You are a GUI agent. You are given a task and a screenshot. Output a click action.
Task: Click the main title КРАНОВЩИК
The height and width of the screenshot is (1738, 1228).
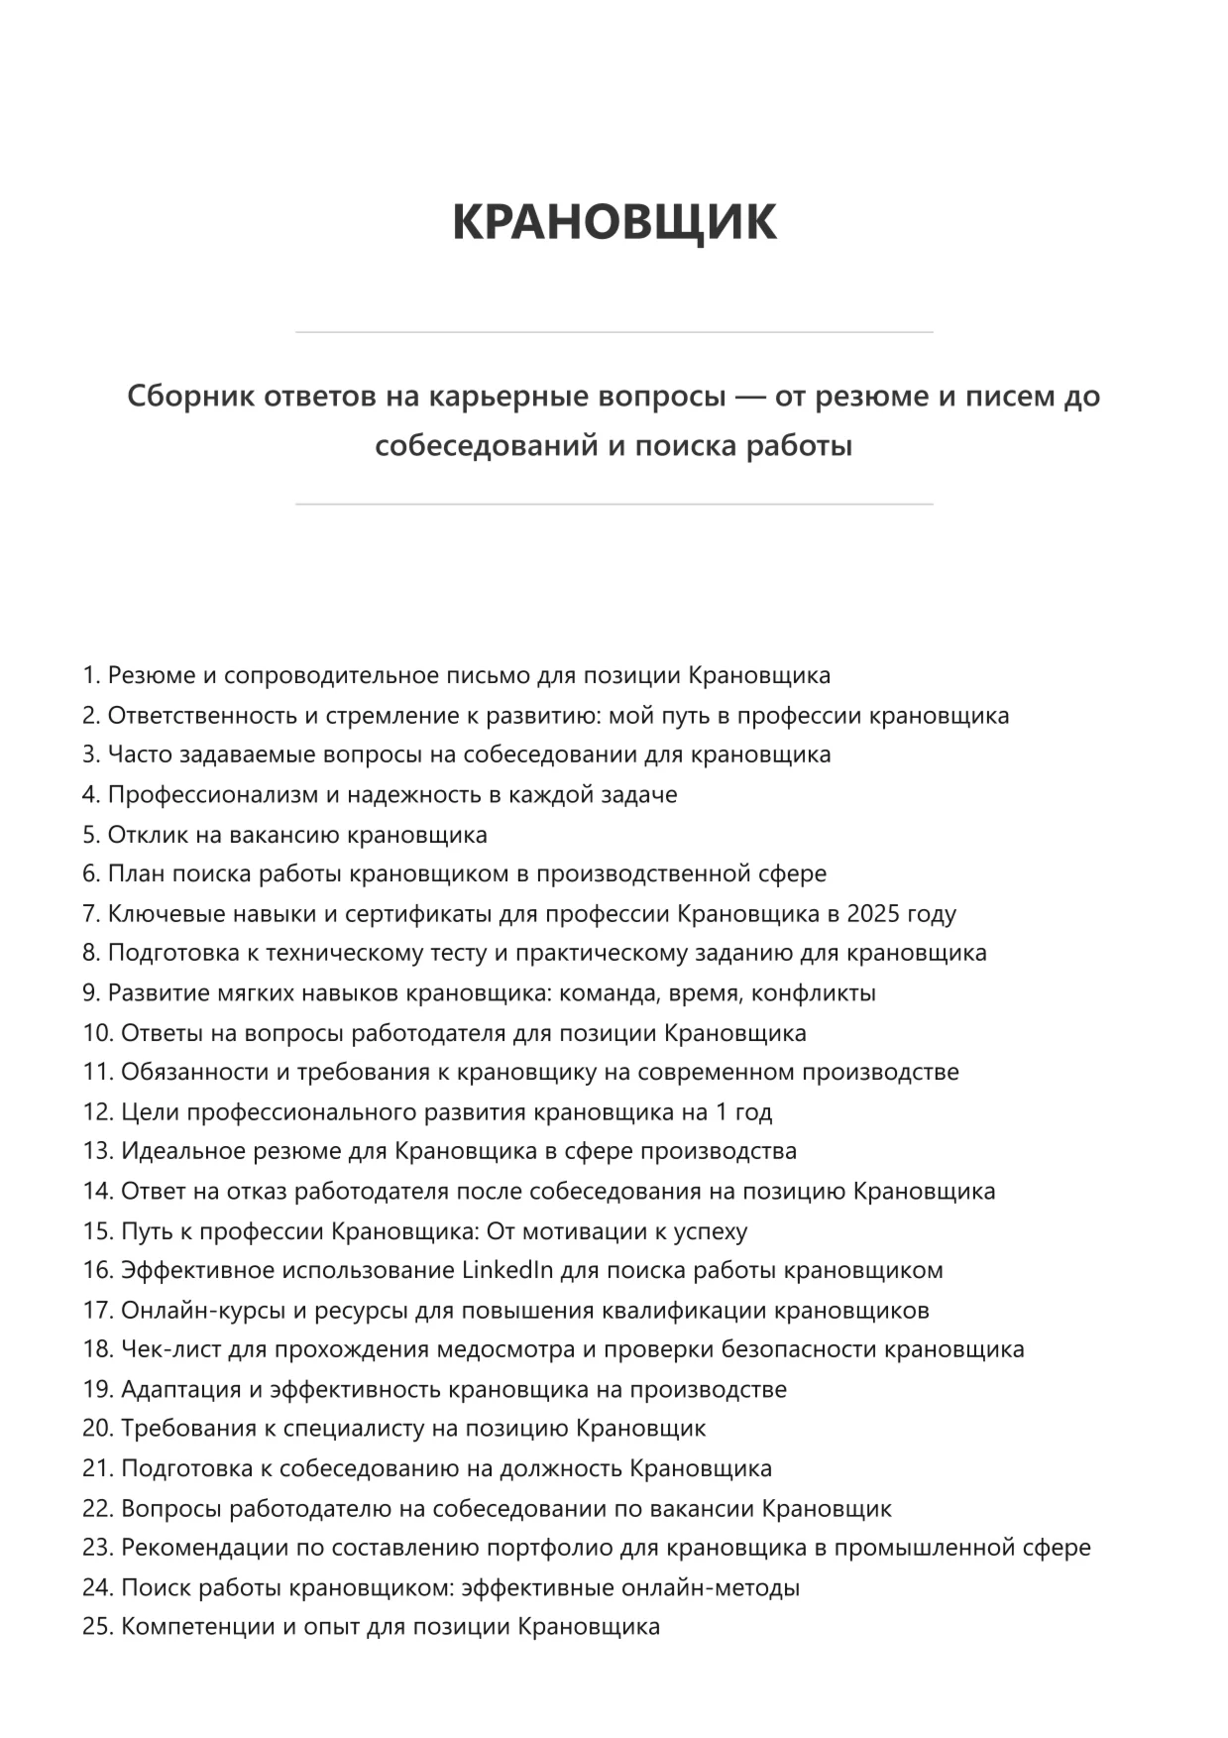pos(614,221)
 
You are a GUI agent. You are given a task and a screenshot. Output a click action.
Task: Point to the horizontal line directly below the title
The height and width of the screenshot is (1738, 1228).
pos(614,332)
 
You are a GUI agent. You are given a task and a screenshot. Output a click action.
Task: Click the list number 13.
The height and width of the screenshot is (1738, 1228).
pos(97,1151)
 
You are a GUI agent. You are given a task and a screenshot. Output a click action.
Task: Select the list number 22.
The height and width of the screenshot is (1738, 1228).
pos(97,1508)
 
